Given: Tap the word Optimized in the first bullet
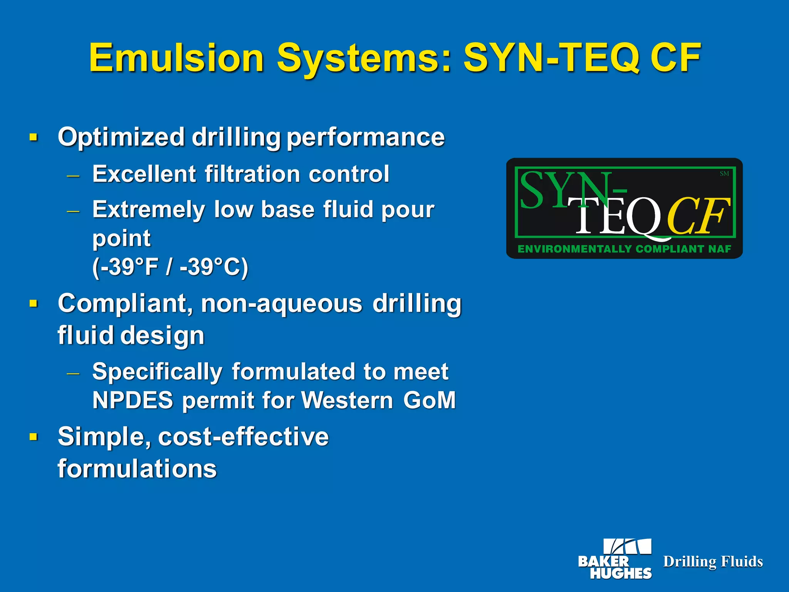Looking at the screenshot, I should tap(121, 137).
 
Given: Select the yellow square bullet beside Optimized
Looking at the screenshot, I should tap(34, 137).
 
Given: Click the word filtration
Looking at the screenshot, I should tap(252, 174).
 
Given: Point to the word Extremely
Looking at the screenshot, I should tap(148, 210).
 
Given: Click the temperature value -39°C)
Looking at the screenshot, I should tap(214, 267).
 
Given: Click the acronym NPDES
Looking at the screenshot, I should tap(133, 400).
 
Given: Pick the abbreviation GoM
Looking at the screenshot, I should tap(430, 400).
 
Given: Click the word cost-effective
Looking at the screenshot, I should tap(243, 437).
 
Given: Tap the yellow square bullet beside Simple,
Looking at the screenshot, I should tap(34, 437).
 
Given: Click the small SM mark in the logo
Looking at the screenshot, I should tap(724, 174).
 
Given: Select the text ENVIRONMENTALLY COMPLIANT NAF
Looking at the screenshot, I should tap(624, 249).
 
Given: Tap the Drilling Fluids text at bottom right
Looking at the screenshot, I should tap(713, 562).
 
